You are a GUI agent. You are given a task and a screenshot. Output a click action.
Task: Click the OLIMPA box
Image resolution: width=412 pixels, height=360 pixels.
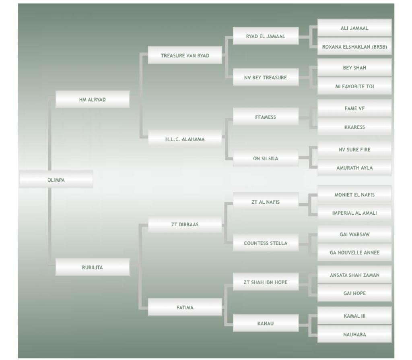click(56, 180)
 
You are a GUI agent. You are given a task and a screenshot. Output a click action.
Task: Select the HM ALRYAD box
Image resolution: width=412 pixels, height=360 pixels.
click(92, 99)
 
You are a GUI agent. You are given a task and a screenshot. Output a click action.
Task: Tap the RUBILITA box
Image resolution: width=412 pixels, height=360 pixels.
click(92, 267)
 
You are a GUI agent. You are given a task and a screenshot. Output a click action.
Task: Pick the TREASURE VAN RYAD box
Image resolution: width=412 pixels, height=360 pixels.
click(185, 56)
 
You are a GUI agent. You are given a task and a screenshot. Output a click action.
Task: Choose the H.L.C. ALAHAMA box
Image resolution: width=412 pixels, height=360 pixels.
click(185, 139)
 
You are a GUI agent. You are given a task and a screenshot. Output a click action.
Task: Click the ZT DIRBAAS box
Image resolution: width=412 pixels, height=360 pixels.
click(185, 224)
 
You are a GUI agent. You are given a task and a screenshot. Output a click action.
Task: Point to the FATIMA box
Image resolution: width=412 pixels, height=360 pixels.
click(185, 307)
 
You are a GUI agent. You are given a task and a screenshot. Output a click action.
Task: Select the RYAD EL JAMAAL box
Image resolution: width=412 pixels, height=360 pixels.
click(266, 36)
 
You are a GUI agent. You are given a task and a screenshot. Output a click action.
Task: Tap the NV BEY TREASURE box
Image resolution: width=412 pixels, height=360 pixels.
click(266, 77)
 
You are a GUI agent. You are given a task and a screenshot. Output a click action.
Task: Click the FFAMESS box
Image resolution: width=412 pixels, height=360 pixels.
click(266, 117)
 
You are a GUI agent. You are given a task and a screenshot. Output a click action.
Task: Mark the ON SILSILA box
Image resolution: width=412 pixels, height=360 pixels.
click(266, 158)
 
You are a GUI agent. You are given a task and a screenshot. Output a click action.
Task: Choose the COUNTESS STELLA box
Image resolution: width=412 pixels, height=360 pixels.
click(266, 243)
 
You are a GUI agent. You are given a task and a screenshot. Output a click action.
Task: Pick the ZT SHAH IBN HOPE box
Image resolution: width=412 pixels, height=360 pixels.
click(266, 282)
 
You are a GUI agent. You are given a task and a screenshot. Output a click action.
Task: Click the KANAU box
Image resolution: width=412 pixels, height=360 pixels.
click(266, 323)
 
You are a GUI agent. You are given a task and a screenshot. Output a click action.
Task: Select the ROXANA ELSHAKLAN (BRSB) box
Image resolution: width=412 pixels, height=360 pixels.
click(354, 47)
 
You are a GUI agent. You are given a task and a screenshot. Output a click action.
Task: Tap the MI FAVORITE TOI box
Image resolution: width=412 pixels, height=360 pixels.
click(354, 86)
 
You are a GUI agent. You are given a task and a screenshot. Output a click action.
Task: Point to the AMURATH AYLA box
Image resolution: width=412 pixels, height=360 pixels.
click(354, 168)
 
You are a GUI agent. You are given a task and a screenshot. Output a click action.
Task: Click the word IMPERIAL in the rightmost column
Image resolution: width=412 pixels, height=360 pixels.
click(343, 213)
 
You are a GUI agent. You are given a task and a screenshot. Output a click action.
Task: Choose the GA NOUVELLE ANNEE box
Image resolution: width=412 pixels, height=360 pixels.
click(354, 252)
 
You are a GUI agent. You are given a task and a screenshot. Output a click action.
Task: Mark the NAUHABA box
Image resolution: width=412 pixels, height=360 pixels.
click(354, 334)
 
